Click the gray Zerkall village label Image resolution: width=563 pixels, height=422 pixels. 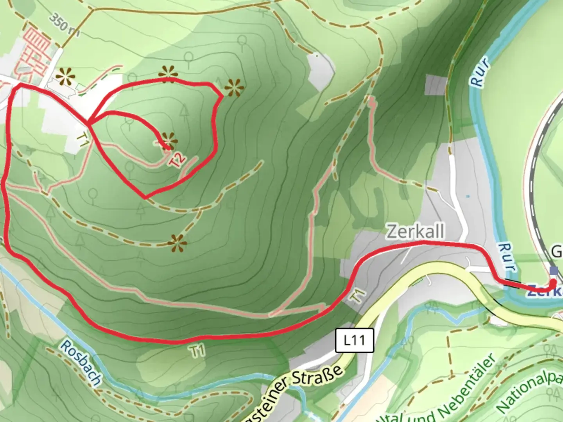[x=415, y=231]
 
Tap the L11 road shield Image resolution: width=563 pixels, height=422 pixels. [x=355, y=340]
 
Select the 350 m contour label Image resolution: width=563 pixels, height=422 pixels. [x=65, y=27]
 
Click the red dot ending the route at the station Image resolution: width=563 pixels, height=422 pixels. [x=553, y=283]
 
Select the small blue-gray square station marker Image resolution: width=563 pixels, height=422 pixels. [x=554, y=270]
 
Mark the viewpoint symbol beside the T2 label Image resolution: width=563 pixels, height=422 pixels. [x=169, y=140]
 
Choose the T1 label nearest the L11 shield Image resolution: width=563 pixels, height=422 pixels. [x=358, y=296]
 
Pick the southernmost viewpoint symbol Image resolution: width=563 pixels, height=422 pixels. [x=178, y=243]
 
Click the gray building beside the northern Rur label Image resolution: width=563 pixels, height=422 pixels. [x=436, y=85]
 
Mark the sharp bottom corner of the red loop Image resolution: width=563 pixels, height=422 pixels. [x=145, y=197]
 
